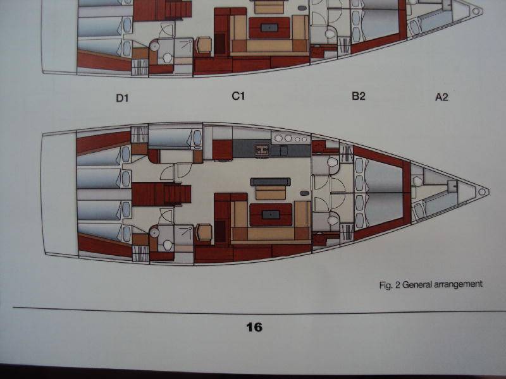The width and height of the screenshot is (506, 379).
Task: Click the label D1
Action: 122,98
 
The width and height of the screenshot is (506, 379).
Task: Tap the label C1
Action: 238,96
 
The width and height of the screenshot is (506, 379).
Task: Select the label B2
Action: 359,96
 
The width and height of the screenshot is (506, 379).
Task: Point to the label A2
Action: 441,97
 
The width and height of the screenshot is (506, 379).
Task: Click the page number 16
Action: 254,327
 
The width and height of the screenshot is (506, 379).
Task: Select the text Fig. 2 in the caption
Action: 390,286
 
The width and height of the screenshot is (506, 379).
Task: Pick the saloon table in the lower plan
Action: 271,215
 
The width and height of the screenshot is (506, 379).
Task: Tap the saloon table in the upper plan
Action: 269,28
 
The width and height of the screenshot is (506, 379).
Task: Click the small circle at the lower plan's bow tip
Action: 482,192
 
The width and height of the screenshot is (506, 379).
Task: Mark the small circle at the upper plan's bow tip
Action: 476,11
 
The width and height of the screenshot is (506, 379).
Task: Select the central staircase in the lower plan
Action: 161,194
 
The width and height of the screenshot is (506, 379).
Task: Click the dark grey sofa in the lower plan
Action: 271,182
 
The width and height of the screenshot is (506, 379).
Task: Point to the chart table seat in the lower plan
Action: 204,232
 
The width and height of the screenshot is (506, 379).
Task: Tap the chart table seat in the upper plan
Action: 203,45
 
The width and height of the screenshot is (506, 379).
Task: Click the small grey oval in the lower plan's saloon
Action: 305,193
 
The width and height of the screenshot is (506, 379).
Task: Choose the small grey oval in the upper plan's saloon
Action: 302,8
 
